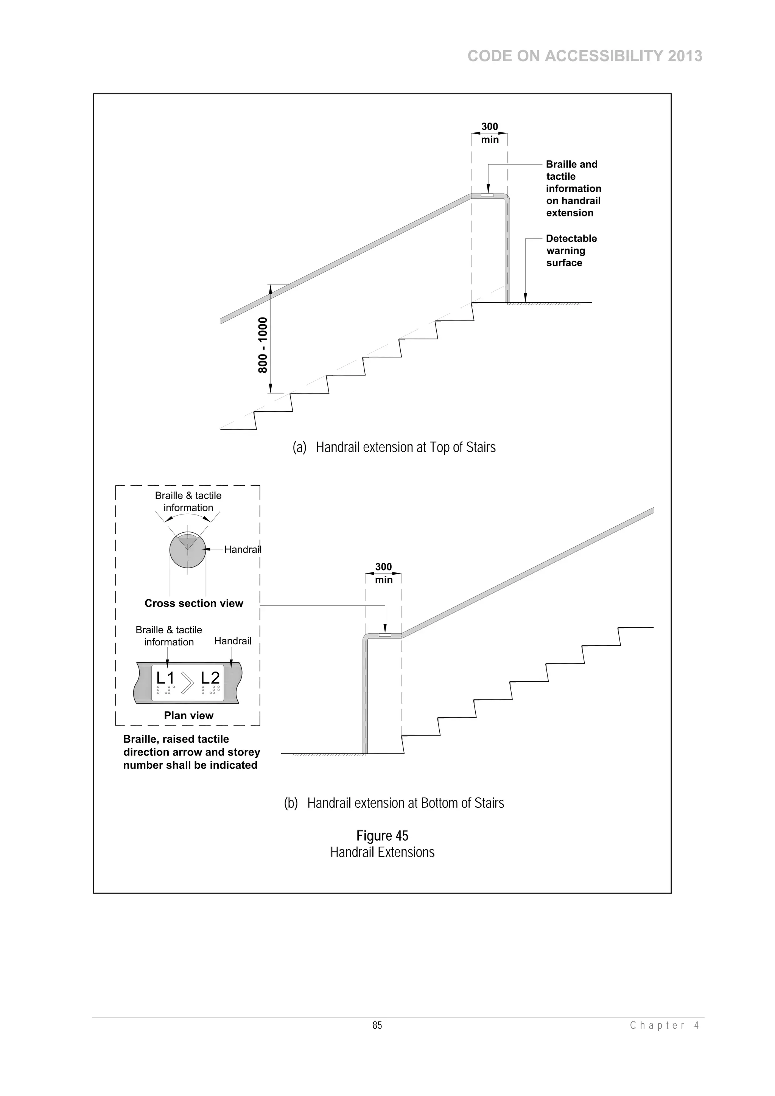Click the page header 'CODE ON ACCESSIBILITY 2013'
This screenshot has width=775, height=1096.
click(x=585, y=56)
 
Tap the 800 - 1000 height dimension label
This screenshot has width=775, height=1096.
click(x=263, y=345)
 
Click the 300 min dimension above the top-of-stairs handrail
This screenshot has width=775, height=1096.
click(x=489, y=133)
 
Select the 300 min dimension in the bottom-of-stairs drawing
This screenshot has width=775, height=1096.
click(x=383, y=573)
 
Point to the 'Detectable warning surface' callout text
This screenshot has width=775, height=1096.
click(x=571, y=250)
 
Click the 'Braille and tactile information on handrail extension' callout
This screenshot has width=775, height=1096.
click(x=573, y=188)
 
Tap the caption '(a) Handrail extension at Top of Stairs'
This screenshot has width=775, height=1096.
click(x=394, y=447)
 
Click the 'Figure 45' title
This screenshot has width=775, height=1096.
click(x=382, y=836)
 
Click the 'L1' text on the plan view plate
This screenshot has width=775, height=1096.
click(x=165, y=678)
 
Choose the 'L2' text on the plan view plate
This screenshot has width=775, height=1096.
click(x=210, y=678)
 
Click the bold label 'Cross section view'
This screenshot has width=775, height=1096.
click(x=194, y=603)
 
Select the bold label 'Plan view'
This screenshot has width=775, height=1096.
click(x=188, y=715)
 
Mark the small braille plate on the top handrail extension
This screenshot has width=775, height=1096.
click(x=487, y=195)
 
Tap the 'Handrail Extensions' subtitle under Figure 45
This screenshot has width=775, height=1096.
click(x=382, y=853)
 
